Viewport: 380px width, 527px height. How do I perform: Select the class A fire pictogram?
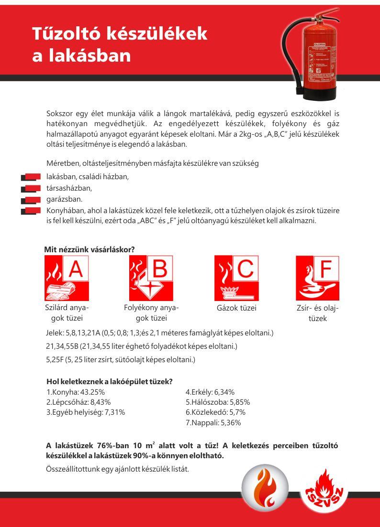(x=67, y=278)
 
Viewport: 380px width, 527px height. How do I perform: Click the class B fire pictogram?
(x=151, y=278)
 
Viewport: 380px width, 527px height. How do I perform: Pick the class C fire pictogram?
(x=236, y=278)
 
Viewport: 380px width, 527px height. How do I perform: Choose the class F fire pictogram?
(x=317, y=278)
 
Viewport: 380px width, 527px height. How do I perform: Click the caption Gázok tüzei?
(x=236, y=308)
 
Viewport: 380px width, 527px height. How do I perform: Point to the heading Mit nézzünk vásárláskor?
(x=89, y=249)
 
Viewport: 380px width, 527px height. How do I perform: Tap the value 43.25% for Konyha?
(x=92, y=392)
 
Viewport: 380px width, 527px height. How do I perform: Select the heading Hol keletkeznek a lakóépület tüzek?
(x=110, y=381)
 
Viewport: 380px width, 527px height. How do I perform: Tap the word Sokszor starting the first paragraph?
(x=61, y=114)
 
